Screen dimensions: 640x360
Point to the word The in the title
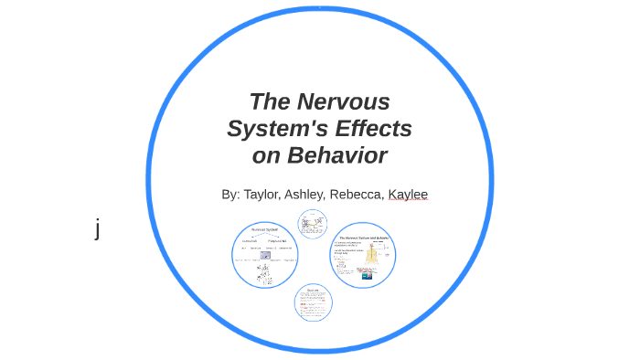click(272, 101)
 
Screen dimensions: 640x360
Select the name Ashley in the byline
click(304, 195)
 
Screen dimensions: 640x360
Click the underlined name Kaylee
click(408, 195)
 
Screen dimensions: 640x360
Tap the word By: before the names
click(230, 195)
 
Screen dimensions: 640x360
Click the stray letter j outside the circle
click(98, 228)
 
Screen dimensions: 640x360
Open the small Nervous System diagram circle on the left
click(265, 255)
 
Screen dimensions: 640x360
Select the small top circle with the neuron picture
click(313, 224)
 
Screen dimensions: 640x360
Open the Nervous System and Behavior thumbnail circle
click(363, 255)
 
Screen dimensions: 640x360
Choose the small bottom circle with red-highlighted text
click(313, 302)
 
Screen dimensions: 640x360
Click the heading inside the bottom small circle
click(313, 290)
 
